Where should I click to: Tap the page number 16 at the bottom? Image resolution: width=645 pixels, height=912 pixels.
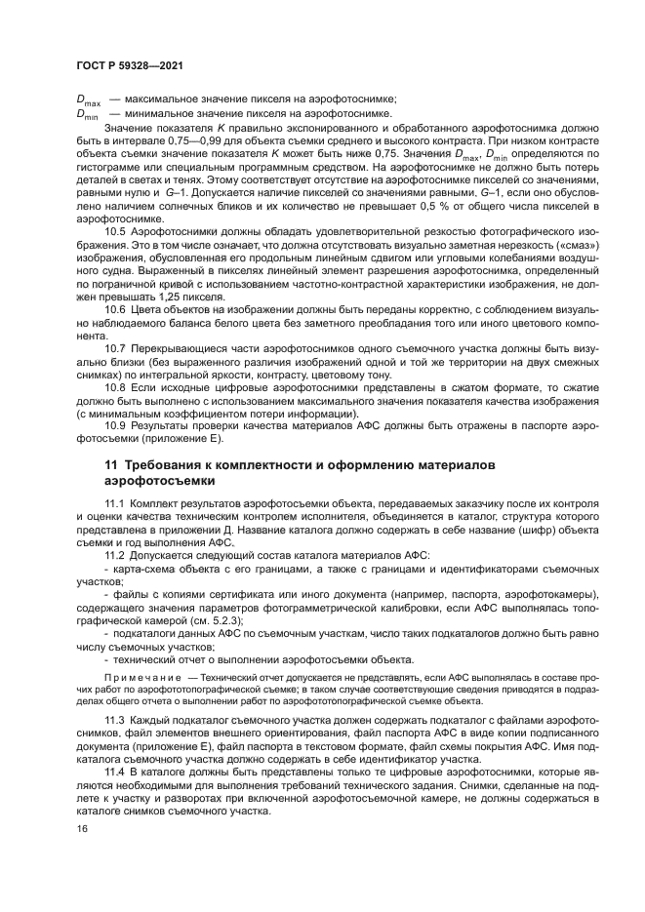[x=82, y=828]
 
